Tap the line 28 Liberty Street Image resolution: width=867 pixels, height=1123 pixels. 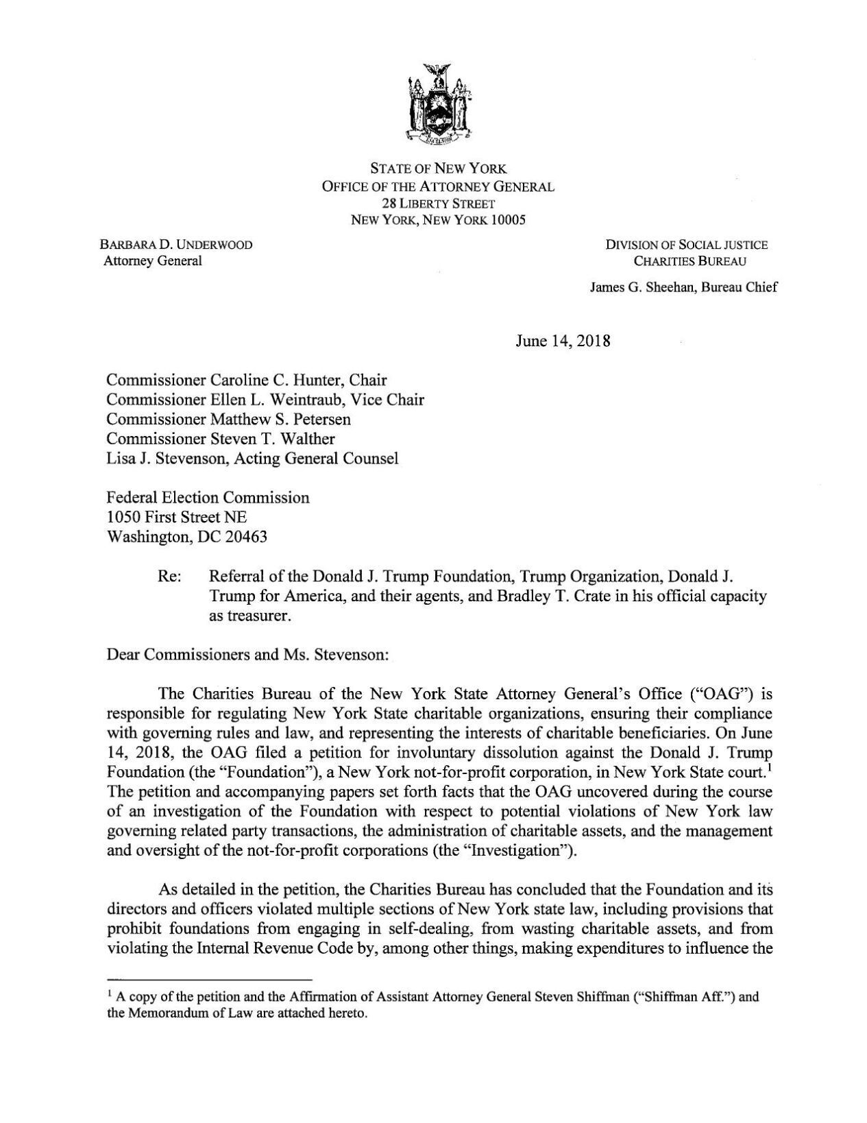(x=438, y=204)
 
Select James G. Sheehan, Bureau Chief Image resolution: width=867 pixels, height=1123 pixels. (x=683, y=287)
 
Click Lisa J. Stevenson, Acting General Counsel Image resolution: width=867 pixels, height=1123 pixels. (x=253, y=458)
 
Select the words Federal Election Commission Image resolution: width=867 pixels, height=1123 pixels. (x=209, y=497)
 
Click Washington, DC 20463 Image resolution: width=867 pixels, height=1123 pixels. (x=188, y=537)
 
